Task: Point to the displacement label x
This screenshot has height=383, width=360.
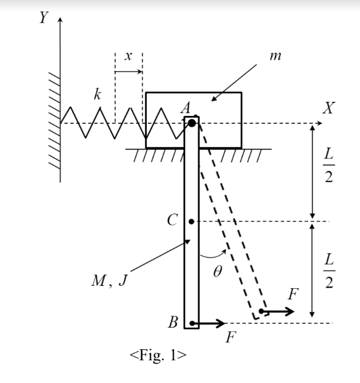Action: [129, 58]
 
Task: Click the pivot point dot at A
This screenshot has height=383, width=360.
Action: [192, 123]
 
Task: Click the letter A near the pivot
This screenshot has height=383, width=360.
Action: [186, 108]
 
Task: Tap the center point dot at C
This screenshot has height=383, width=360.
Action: [192, 222]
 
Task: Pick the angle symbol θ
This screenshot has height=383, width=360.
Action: [218, 272]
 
